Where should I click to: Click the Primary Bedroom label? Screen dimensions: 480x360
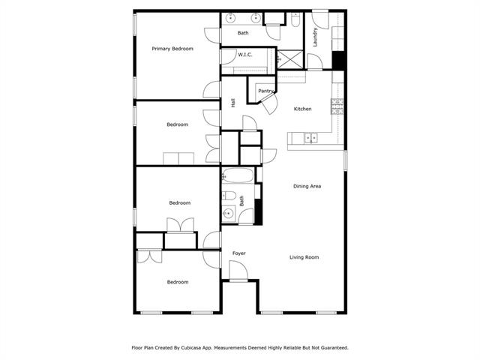(172, 49)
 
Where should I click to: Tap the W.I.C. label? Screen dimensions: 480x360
(245, 55)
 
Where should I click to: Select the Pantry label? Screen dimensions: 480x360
(265, 91)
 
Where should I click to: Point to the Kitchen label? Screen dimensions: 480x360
(302, 109)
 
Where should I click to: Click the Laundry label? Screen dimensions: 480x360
(315, 37)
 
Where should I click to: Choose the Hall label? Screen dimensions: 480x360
(233, 103)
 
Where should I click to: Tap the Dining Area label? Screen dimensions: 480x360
(307, 186)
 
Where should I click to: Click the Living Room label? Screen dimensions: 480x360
(304, 257)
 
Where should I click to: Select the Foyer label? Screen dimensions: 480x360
(238, 253)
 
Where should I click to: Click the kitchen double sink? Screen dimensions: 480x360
(310, 138)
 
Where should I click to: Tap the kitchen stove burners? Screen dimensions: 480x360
(337, 106)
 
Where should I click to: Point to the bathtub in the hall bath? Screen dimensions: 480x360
(238, 175)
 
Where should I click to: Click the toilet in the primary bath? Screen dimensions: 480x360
(296, 19)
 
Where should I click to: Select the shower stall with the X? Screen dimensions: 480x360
(289, 59)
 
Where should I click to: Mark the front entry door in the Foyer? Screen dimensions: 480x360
(238, 271)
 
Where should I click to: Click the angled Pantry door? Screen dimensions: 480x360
(268, 103)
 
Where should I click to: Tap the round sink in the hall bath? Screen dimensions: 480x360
(228, 213)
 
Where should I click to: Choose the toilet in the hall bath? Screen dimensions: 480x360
(229, 195)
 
